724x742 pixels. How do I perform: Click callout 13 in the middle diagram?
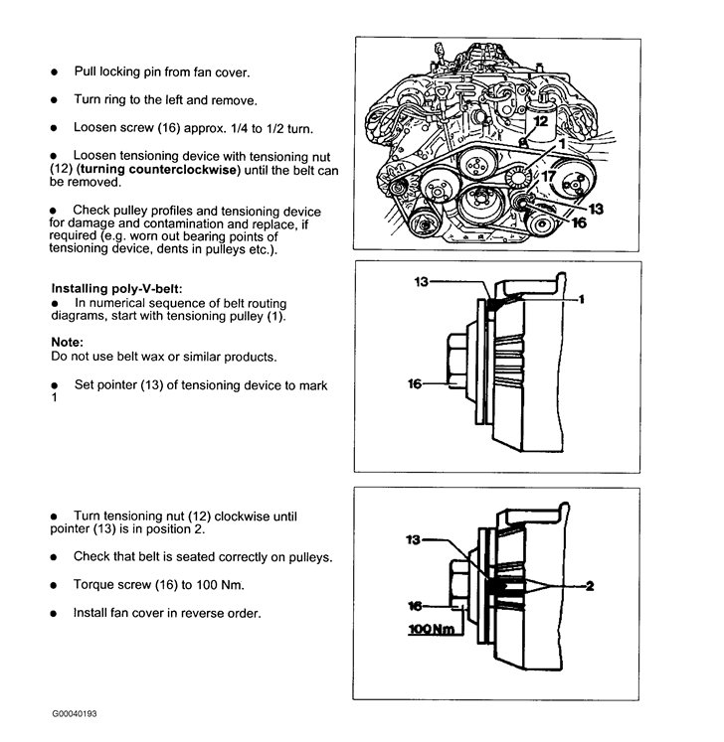tap(421, 283)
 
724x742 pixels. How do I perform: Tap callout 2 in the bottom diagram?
tap(589, 586)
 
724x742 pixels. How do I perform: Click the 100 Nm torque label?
tap(430, 630)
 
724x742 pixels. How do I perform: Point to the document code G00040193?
tap(76, 713)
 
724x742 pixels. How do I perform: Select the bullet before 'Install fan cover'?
tap(57, 613)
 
